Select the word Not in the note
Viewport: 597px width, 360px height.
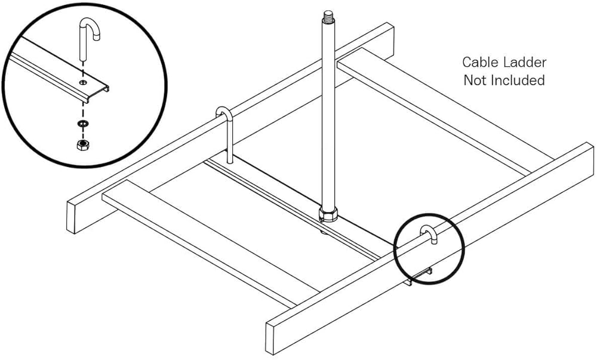click(475, 80)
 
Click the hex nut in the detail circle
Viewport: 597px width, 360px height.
click(82, 144)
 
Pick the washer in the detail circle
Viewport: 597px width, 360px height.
click(82, 124)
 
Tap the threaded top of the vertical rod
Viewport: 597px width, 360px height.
click(328, 17)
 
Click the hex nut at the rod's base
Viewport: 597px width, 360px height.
click(328, 215)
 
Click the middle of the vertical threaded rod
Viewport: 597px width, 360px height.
click(328, 114)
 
